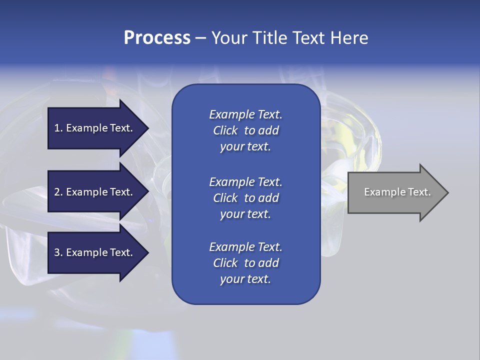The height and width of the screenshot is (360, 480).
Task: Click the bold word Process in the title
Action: point(157,38)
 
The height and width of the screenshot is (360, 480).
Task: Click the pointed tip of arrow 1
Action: point(146,128)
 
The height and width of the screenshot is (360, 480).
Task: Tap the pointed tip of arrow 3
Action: point(146,252)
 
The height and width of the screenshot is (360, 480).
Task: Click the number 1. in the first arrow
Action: point(58,128)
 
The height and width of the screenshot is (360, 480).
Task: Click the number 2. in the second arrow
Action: point(58,192)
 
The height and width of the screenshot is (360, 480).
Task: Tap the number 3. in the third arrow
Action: point(58,252)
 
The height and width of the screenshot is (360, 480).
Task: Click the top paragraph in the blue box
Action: point(245,130)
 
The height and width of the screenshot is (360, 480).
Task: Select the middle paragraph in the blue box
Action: point(245,198)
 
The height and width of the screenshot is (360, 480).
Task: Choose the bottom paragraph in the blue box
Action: point(245,263)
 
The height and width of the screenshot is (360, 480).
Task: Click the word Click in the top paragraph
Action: point(225,130)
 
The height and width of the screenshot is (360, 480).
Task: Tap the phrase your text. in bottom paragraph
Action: point(245,279)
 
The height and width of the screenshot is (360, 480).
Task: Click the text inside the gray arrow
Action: point(397,192)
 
